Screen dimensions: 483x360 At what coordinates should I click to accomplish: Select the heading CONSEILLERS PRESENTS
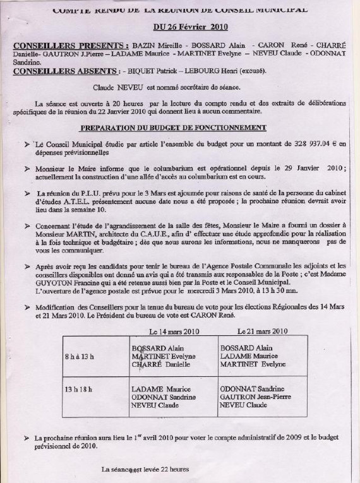click(x=71, y=46)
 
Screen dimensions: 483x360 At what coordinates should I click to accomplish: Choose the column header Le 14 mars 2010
click(x=174, y=331)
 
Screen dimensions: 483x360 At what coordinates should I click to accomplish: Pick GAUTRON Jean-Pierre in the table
click(x=254, y=397)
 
